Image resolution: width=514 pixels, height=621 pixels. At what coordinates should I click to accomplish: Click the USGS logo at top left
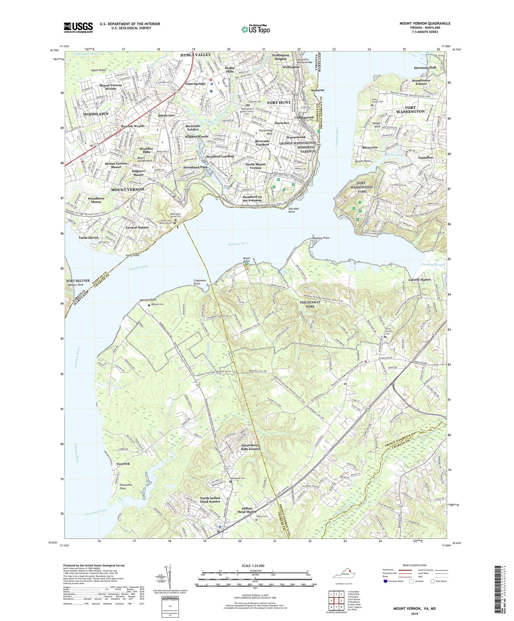(78, 27)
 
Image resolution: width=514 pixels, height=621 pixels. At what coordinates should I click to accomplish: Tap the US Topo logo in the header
(256, 29)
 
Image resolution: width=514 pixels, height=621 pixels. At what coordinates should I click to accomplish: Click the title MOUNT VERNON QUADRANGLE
(425, 23)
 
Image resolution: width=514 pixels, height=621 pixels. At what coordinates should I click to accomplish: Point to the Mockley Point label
(321, 238)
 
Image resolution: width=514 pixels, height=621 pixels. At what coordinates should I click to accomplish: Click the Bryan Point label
(247, 259)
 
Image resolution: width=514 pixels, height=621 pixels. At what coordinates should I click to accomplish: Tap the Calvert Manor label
(419, 280)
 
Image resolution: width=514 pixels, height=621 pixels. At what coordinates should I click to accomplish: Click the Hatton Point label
(363, 161)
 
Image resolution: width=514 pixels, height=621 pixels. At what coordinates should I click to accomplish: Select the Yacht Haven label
(88, 237)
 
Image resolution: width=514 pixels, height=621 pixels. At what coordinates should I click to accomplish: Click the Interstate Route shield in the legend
(386, 581)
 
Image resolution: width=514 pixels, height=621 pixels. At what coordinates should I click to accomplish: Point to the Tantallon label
(425, 158)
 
